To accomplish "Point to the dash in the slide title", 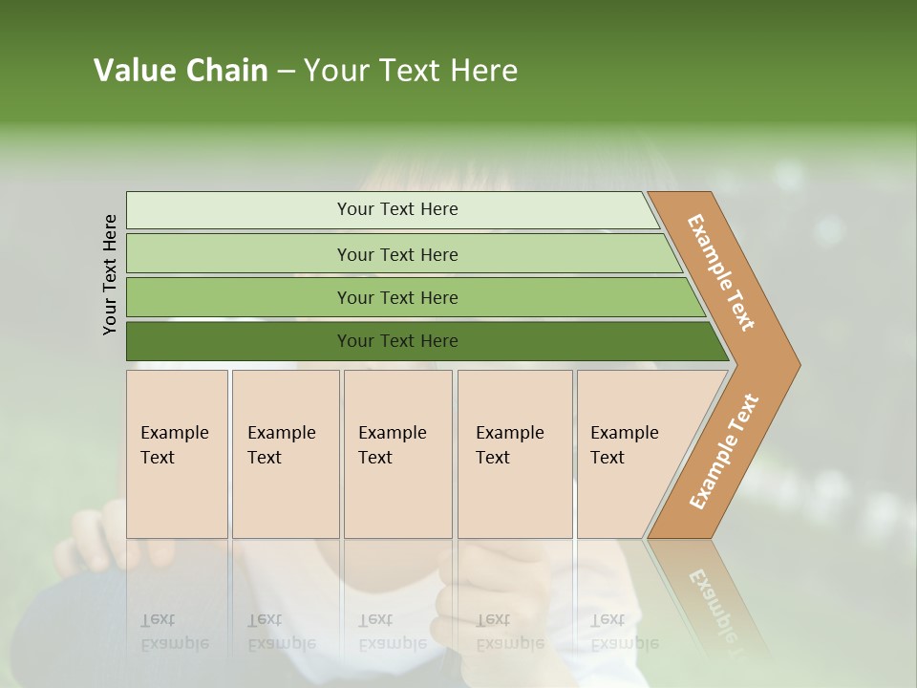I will point(286,72).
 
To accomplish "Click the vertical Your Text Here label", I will point(110,274).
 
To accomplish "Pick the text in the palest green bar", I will point(397,209).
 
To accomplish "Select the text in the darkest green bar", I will point(397,341).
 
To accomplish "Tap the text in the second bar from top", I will point(397,255).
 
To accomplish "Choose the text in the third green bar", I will point(397,298).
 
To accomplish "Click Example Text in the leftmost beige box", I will point(174,445).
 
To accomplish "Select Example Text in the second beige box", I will point(281,445).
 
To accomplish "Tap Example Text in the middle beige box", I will point(392,445).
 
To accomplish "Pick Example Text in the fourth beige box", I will point(509,445).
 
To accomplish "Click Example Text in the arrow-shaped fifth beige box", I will point(624,445).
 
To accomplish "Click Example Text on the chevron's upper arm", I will point(721,272).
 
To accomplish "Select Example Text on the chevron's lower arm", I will point(724,451).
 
